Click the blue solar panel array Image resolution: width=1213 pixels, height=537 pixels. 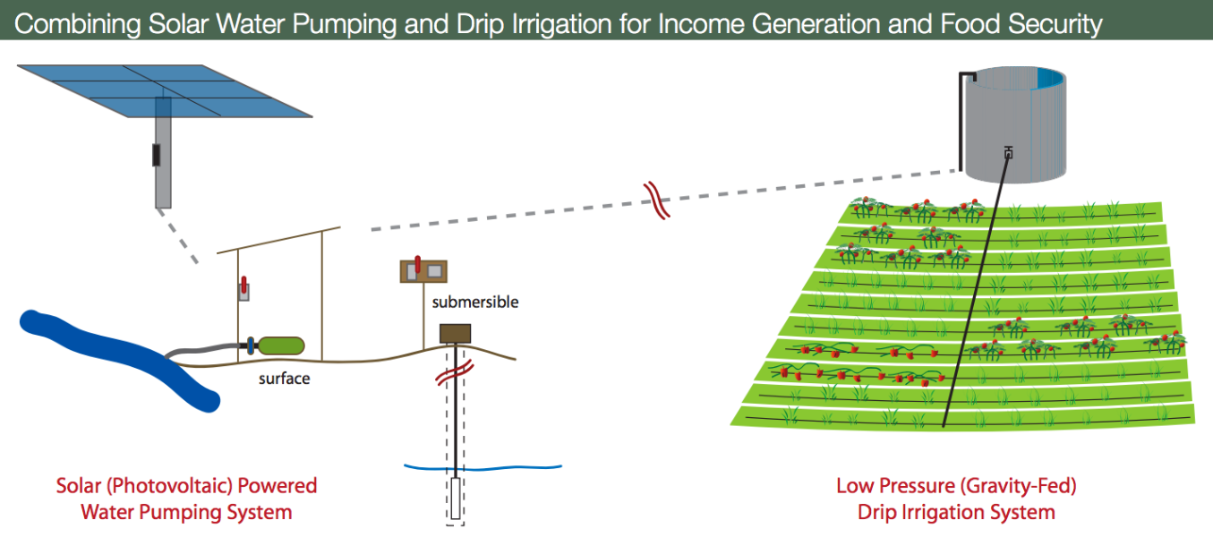(x=165, y=90)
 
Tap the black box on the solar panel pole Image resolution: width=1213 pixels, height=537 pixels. (x=156, y=155)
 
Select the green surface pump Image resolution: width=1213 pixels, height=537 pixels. (x=281, y=345)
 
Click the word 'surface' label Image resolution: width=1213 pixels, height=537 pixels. (x=285, y=379)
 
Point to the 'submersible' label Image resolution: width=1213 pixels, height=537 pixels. (x=475, y=302)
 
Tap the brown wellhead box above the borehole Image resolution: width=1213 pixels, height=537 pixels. (x=455, y=334)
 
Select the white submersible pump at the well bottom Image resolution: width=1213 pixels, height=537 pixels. (x=456, y=499)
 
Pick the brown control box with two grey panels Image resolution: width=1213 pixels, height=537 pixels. (x=423, y=270)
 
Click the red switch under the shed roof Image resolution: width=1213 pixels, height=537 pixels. (x=243, y=286)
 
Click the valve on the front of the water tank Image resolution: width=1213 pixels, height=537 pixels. (x=1008, y=153)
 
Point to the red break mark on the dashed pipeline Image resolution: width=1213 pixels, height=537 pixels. (x=656, y=200)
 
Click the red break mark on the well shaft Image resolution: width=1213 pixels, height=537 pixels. (x=455, y=373)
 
